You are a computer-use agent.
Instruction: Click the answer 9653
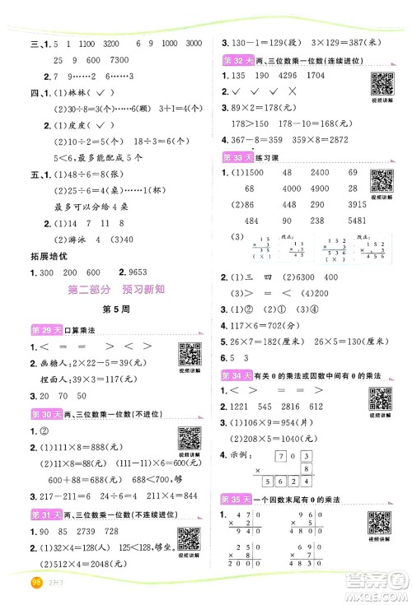point(146,272)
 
